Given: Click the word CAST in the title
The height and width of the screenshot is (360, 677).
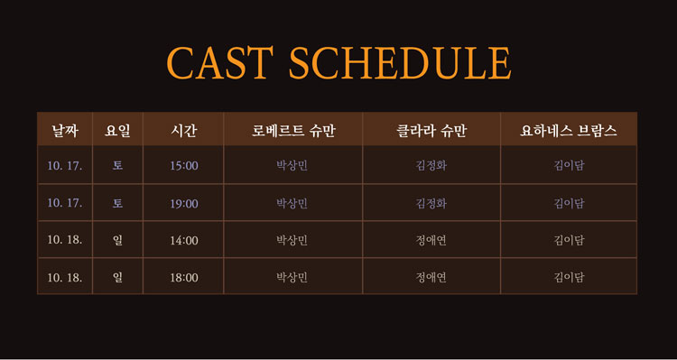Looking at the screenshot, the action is pyautogui.click(x=219, y=62).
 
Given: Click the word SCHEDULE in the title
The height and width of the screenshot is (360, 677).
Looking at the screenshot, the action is pyautogui.click(x=400, y=62).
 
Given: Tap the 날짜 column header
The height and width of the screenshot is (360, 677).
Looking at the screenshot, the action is pyautogui.click(x=65, y=130).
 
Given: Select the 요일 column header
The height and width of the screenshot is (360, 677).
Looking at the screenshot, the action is pyautogui.click(x=117, y=130).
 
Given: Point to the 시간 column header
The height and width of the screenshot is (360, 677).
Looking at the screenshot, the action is pyautogui.click(x=184, y=130).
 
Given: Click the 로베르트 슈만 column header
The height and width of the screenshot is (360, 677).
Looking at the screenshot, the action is pyautogui.click(x=293, y=130).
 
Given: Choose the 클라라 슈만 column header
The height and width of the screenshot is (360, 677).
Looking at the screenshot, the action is pyautogui.click(x=431, y=130).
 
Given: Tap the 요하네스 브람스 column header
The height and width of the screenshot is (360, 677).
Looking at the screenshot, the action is pyautogui.click(x=569, y=130).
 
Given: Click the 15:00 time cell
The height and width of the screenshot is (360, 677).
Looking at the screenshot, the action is pyautogui.click(x=184, y=166).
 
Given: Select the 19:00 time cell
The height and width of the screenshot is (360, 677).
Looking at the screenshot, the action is pyautogui.click(x=184, y=203).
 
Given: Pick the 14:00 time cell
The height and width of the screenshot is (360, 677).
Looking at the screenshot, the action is pyautogui.click(x=184, y=240).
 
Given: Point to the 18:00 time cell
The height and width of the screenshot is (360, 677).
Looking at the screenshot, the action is pyautogui.click(x=184, y=278).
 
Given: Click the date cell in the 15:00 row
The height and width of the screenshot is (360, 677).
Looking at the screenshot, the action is pyautogui.click(x=65, y=166).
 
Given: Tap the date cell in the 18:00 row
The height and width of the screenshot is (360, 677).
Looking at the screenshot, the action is pyautogui.click(x=65, y=278).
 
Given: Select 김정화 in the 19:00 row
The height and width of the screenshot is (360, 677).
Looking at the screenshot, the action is pyautogui.click(x=431, y=203).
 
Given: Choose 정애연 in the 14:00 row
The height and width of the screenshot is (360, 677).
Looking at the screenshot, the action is pyautogui.click(x=431, y=240).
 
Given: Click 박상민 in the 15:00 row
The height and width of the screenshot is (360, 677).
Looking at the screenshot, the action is pyautogui.click(x=292, y=166).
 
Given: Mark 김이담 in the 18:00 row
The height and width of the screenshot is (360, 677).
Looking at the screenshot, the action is pyautogui.click(x=569, y=278).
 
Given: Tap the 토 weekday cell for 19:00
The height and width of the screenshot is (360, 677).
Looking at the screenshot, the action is pyautogui.click(x=117, y=203).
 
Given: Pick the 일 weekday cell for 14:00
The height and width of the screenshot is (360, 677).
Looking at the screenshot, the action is pyautogui.click(x=117, y=240).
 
